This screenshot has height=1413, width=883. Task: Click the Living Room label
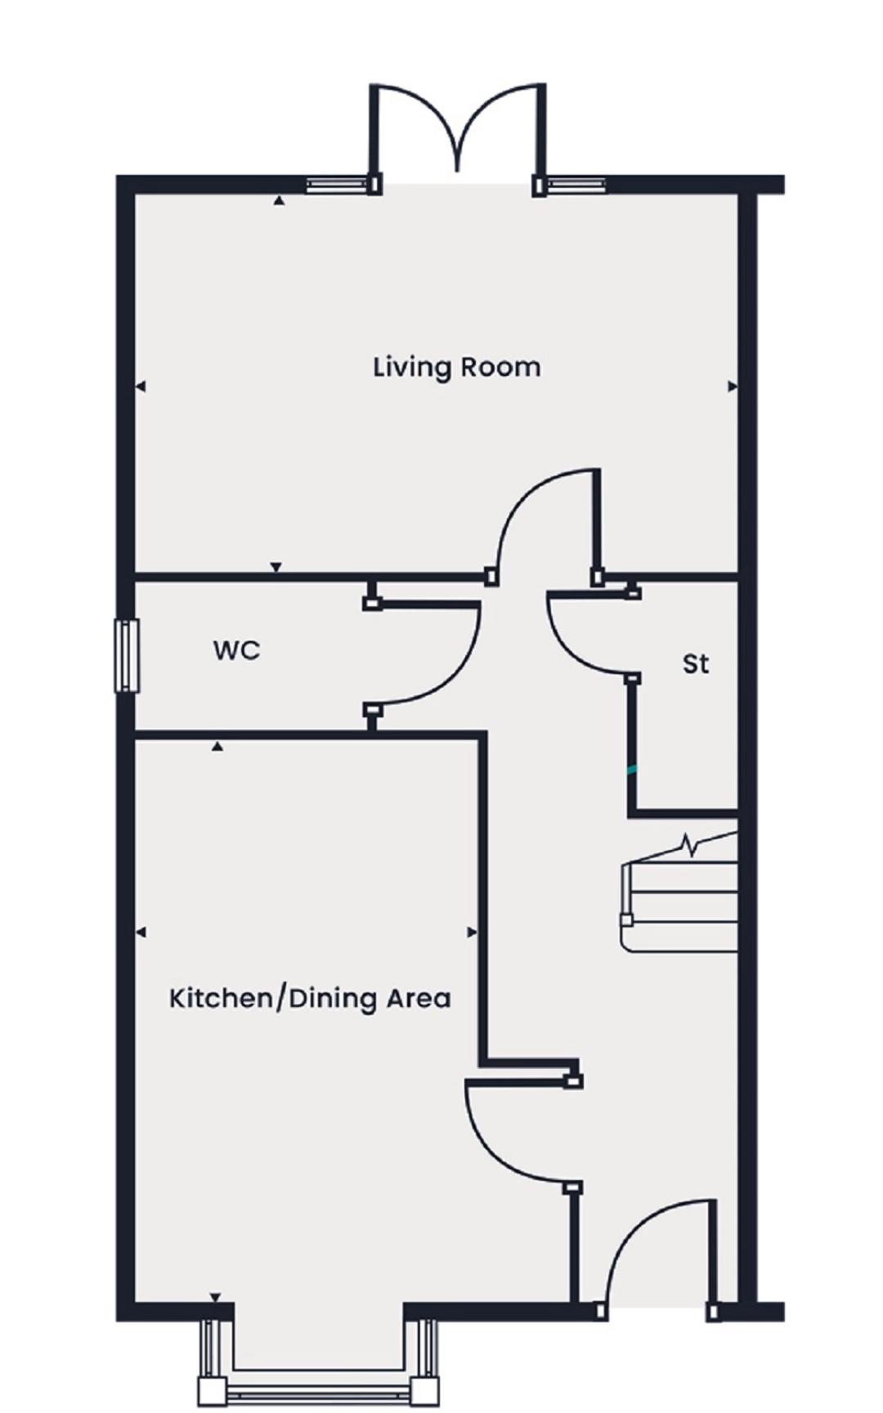456,367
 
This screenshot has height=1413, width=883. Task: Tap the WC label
237,651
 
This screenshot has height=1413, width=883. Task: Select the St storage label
696,664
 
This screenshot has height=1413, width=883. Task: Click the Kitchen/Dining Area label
310,999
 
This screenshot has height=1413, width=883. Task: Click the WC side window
126,655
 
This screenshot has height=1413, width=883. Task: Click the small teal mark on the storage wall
631,769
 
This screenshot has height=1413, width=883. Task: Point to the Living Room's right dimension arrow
733,387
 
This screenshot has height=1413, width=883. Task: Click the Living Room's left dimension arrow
141,387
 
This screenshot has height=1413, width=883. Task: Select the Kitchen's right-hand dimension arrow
472,932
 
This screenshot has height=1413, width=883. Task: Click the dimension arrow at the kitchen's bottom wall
215,1298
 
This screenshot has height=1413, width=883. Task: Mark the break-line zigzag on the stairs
691,846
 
